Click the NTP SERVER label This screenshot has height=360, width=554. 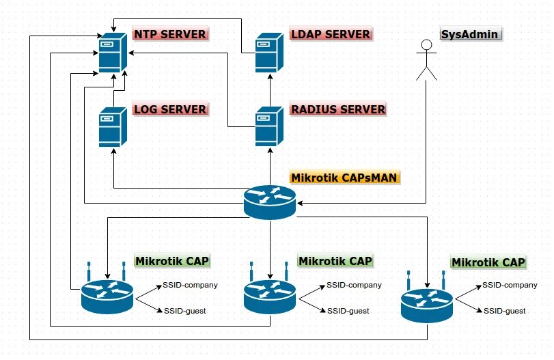coord(170,34)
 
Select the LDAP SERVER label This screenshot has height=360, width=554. coord(331,34)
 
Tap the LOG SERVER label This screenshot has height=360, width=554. coord(171,109)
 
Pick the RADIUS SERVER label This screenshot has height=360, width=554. coord(338,109)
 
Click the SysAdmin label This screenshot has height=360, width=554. coord(471,34)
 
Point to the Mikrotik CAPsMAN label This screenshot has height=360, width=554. coord(344,177)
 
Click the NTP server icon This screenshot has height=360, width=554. coord(113,53)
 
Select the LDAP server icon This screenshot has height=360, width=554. coord(269,53)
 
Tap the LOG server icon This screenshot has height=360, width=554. coord(113,127)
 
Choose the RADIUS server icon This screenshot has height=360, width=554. coord(269,126)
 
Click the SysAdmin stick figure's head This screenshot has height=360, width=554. coord(426,44)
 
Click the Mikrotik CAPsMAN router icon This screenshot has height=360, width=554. coord(270,202)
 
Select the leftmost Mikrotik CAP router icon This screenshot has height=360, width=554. coord(107,292)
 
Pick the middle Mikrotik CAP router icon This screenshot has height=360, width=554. coord(270,292)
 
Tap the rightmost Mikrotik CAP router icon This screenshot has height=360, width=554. coord(427,301)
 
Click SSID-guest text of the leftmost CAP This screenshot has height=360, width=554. coord(185,311)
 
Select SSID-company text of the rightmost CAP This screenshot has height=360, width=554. coord(510,285)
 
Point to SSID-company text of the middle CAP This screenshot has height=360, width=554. coord(354,285)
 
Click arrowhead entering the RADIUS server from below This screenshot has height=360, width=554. coord(270,150)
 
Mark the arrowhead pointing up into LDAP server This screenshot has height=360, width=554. coord(270,77)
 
